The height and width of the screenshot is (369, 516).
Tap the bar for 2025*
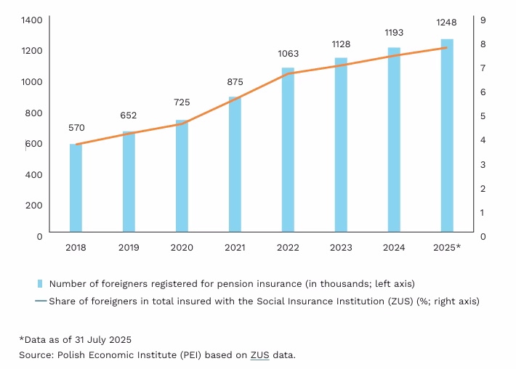[x=447, y=137]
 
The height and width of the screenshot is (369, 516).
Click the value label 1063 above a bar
[x=288, y=54]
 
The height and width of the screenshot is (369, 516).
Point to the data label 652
[x=129, y=115]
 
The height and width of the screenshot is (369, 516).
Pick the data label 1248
[x=446, y=23]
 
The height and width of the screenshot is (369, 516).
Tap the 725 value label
[x=182, y=102]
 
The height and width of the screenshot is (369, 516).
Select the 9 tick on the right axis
[x=484, y=20]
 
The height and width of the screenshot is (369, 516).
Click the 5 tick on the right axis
[x=484, y=116]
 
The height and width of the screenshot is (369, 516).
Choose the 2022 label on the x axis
[x=288, y=248]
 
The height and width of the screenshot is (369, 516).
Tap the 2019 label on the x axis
[x=129, y=248]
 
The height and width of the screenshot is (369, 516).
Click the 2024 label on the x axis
[x=394, y=248]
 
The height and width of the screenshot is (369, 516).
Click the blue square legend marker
[x=41, y=283]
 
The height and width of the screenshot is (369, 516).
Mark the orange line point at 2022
[x=288, y=73]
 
